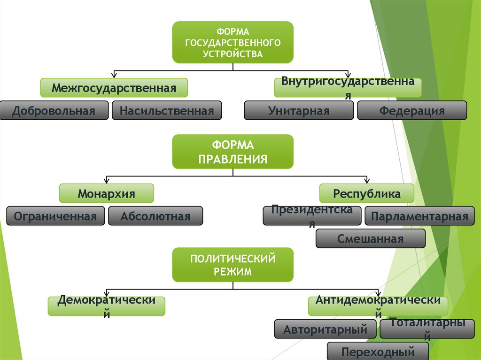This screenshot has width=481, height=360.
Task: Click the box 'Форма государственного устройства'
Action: tap(233, 42)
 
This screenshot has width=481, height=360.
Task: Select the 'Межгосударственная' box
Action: tap(114, 88)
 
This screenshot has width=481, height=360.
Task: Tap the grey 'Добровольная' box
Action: tap(54, 111)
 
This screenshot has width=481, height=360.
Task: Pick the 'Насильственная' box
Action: tap(167, 111)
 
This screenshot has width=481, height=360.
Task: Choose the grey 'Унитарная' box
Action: tap(299, 111)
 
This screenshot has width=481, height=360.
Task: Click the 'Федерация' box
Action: tap(412, 111)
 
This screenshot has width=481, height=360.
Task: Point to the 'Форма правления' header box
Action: tap(233, 152)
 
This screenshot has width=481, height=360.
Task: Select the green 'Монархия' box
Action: tap(107, 193)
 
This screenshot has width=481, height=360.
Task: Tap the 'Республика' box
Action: tap(367, 193)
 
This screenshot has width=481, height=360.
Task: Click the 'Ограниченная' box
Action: tap(55, 216)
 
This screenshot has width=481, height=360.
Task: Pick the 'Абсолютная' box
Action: tap(155, 216)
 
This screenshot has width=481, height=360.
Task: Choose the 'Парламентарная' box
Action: tap(419, 216)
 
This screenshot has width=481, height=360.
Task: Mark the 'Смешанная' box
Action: tap(370, 239)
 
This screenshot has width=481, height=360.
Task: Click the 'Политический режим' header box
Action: tap(233, 265)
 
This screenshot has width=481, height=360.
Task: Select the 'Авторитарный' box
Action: tap(325, 329)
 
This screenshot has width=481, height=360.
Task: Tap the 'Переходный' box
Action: tap(378, 352)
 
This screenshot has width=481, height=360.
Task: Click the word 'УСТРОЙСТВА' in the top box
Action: tap(233, 54)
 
